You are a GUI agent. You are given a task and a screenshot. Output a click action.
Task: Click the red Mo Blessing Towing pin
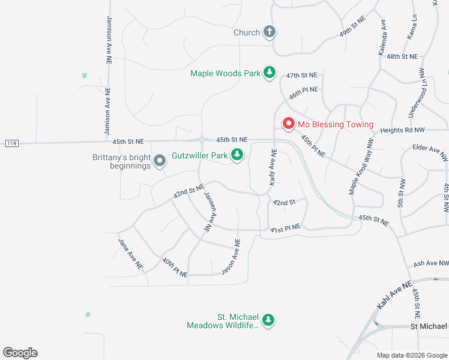pos(288,124)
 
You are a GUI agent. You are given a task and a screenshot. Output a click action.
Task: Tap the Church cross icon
pos(270,32)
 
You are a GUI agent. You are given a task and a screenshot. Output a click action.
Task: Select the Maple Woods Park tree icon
pos(270,73)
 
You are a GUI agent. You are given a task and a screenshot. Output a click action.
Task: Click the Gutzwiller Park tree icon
pos(238,155)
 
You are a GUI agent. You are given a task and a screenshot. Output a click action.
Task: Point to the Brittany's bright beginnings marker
pos(160,161)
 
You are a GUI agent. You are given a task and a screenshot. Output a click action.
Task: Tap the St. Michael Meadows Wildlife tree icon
pos(270,320)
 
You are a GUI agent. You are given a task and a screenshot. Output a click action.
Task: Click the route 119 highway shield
pos(11,143)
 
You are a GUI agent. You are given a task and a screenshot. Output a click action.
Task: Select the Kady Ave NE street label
pos(273,168)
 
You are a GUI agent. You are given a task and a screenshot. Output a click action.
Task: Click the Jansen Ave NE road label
pos(208,212)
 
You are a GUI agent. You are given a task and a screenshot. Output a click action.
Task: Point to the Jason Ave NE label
pos(231,257)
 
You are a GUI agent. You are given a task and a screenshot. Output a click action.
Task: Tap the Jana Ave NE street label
pos(130,254)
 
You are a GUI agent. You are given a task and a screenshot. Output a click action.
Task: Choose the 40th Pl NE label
pos(175,268)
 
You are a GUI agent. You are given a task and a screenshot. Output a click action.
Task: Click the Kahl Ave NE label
pos(394,295)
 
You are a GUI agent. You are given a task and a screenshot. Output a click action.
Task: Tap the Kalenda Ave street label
pos(382,39)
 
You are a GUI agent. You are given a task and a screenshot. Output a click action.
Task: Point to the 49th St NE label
pos(352,27)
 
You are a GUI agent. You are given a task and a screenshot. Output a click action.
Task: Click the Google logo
pos(20,353)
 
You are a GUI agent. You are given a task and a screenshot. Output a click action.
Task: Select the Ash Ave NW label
pos(431,263)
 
